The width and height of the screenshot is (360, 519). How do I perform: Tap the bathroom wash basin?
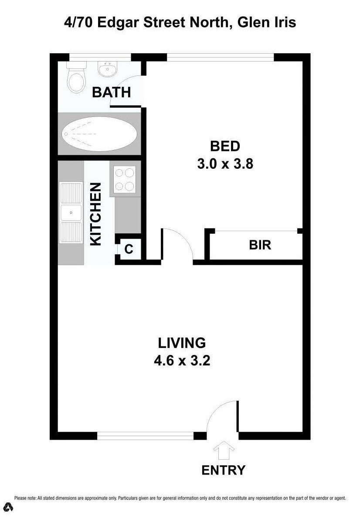tap(107, 69)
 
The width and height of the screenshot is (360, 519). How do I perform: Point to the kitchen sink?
tap(71, 213)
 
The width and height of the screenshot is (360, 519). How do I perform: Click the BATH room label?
tap(111, 92)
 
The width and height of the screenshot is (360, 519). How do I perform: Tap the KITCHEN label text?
tap(95, 214)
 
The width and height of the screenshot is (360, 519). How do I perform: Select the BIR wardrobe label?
tap(260, 245)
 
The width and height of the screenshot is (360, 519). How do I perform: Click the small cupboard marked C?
tap(129, 249)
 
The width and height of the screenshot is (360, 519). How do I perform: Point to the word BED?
tap(225, 146)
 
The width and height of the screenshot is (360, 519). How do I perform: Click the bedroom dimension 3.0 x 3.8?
tap(225, 164)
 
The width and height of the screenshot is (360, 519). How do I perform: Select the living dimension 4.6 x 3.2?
tap(182, 361)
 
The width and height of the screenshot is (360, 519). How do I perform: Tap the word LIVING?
tap(182, 343)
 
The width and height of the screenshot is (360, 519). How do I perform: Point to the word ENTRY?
tap(223, 470)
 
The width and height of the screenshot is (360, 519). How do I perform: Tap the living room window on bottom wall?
tap(145, 435)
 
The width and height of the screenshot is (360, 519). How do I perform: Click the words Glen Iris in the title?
tap(267, 22)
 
